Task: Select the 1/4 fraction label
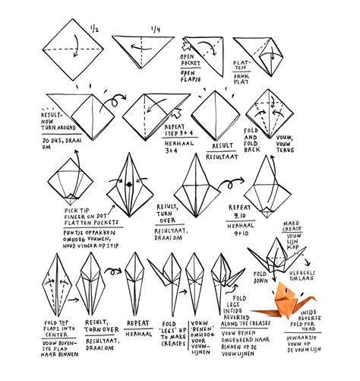click(157, 30)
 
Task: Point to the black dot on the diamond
click(128, 183)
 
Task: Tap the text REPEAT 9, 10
click(243, 211)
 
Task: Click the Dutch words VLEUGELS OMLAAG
click(324, 275)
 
